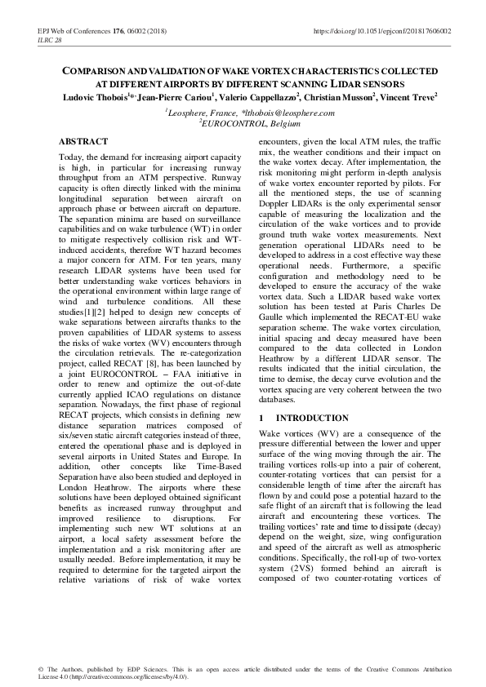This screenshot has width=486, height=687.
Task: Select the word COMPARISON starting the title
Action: coord(97,72)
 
